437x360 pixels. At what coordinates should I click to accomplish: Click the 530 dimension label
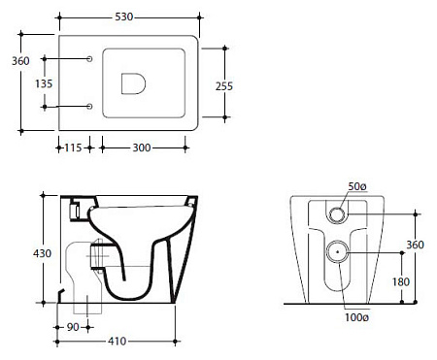(x=124, y=16)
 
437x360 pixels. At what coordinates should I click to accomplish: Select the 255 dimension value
(x=224, y=86)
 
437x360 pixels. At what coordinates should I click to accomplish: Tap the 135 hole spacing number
(x=44, y=83)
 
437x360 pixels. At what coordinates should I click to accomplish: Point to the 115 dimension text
(x=73, y=147)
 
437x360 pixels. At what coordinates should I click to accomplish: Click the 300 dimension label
(x=142, y=147)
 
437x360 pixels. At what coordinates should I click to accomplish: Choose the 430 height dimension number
(x=42, y=253)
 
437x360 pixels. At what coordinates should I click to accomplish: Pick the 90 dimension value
(x=73, y=327)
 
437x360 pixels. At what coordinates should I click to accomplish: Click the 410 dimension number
(x=118, y=341)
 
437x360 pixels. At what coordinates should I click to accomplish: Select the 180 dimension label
(x=401, y=282)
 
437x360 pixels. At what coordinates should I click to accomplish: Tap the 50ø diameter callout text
(x=357, y=186)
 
